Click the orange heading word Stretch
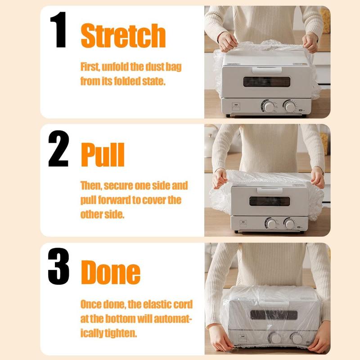[x=123, y=36]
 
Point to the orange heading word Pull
[x=103, y=154]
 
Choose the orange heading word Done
[x=110, y=272]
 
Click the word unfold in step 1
[x=117, y=67]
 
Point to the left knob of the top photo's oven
[x=269, y=106]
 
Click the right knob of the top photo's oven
[x=289, y=106]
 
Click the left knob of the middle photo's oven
[x=271, y=223]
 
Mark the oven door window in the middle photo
[x=270, y=201]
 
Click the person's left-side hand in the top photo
[x=227, y=42]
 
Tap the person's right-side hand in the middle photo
[x=317, y=177]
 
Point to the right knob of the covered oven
[x=296, y=338]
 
